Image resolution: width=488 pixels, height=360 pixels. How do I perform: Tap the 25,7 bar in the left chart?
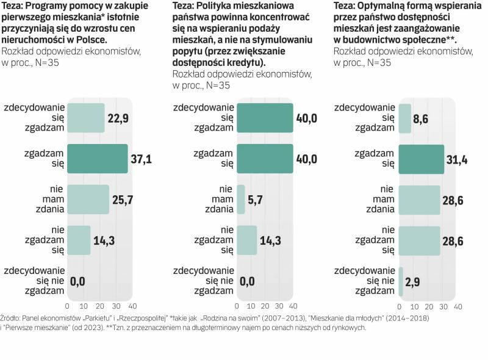coord(88,199)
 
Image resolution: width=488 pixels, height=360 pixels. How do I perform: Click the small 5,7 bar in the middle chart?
coord(241,199)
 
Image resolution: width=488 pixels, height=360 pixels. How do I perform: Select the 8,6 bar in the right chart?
coord(405,118)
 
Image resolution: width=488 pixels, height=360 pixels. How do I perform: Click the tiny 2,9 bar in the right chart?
coord(401,281)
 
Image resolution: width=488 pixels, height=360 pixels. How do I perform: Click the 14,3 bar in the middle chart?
coord(246,240)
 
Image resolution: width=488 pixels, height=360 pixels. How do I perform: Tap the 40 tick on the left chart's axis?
coord(132,305)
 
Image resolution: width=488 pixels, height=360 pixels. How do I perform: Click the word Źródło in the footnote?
coord(13,318)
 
